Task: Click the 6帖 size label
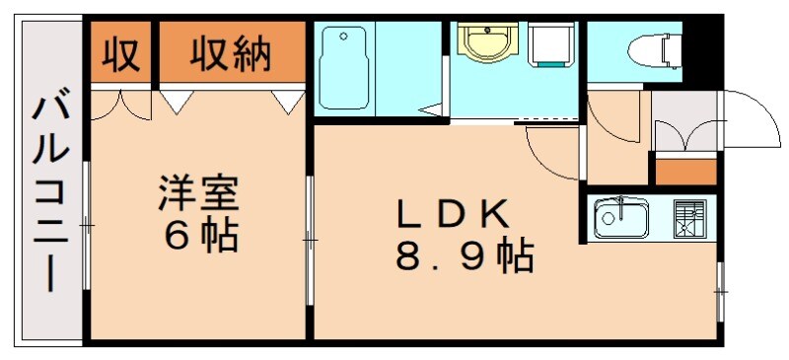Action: pyautogui.click(x=200, y=236)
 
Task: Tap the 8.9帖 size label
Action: pyautogui.click(x=464, y=257)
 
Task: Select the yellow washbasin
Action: pyautogui.click(x=483, y=43)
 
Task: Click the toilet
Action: pyautogui.click(x=648, y=47)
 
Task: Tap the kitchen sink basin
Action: pyautogui.click(x=620, y=218)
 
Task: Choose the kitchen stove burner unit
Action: pyautogui.click(x=690, y=218)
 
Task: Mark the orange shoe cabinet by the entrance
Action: pyautogui.click(x=685, y=170)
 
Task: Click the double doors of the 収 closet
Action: pyautogui.click(x=120, y=106)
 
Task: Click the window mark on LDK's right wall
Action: pyautogui.click(x=721, y=291)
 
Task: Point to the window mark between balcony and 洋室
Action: pyautogui.click(x=87, y=226)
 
